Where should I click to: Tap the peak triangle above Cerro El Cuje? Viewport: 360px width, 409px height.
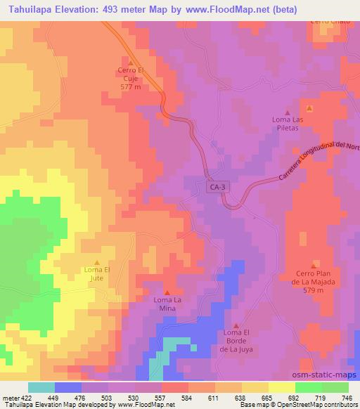coord(131,63)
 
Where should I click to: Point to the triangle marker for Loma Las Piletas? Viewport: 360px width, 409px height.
coord(287,112)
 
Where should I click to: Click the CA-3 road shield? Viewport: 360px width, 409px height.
coord(217,188)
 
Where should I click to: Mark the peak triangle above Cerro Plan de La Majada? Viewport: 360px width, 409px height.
coord(314,262)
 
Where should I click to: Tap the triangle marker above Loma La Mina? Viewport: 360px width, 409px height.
coord(167,292)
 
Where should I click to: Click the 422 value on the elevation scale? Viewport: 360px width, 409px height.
coord(22,397)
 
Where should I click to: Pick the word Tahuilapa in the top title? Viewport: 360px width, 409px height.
coord(32,9)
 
